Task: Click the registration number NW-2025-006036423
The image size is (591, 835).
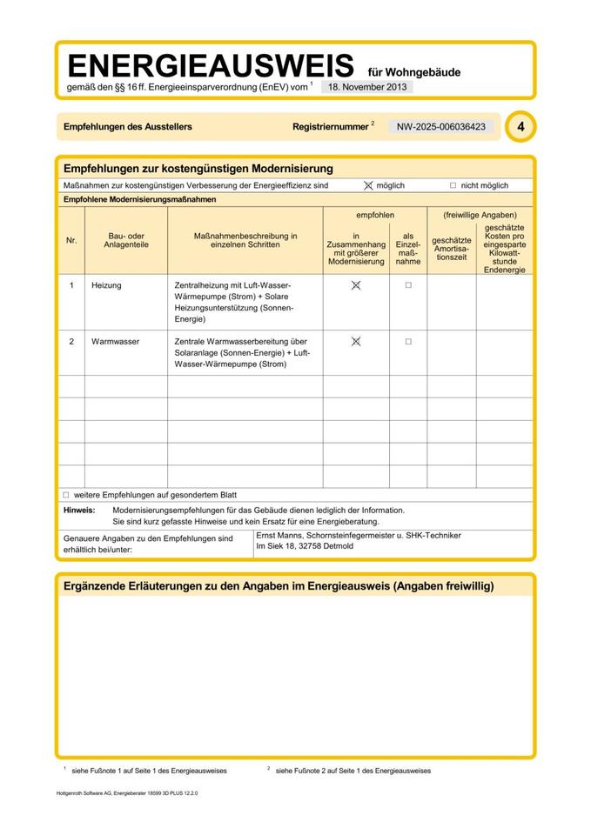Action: point(440,127)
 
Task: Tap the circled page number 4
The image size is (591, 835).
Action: point(520,127)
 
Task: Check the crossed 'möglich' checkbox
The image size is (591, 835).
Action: point(368,185)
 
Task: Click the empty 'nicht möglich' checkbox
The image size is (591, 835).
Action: point(453,185)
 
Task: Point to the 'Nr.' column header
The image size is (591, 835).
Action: point(71,240)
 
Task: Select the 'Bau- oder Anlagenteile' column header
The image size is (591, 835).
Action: point(127,240)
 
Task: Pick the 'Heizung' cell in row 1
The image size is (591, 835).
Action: point(106,285)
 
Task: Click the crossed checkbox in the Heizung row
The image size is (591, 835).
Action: point(355,285)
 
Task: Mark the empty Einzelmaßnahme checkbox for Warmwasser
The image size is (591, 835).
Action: point(407,342)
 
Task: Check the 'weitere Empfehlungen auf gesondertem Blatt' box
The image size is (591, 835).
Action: point(65,494)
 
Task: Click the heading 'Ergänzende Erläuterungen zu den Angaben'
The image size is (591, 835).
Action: point(279,586)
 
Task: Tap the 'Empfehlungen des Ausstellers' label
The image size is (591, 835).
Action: point(128,127)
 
